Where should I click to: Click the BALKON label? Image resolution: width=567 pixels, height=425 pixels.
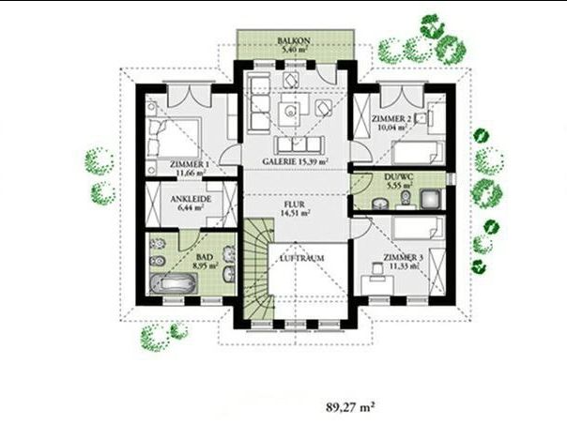[293, 40]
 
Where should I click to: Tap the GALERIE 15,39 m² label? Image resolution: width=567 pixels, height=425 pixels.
[295, 161]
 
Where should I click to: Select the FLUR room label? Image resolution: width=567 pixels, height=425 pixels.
[295, 205]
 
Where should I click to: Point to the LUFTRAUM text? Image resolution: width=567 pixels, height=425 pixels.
[302, 258]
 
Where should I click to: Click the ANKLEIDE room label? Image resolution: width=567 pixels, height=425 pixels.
[191, 199]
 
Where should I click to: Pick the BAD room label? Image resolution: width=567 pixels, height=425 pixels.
[205, 257]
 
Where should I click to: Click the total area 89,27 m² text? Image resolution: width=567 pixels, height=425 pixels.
[350, 407]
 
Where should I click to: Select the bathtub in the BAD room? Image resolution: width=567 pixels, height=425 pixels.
[174, 282]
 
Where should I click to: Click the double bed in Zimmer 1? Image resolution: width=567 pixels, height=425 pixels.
[174, 137]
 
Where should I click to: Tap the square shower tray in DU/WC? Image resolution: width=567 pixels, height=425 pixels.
[430, 199]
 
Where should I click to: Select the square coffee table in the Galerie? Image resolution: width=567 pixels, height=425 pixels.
[291, 113]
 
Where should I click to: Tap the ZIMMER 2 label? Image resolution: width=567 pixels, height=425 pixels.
[389, 119]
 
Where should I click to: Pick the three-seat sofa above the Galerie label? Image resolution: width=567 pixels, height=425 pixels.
[299, 144]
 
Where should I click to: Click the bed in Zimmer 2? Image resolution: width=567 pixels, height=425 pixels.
[419, 152]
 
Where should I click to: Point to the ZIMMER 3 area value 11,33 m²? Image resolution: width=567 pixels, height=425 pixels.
[405, 266]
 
